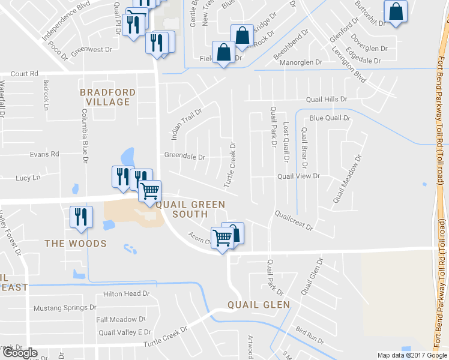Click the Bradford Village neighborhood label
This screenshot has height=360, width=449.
(108, 97)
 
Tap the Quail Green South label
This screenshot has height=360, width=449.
(190, 209)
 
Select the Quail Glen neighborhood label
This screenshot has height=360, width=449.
(259, 305)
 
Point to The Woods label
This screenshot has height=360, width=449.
(76, 244)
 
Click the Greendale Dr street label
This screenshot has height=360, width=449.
(185, 157)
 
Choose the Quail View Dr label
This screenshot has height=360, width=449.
(298, 176)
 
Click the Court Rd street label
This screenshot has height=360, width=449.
(24, 74)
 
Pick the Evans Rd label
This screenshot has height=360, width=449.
(46, 154)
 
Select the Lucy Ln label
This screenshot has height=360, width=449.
(28, 178)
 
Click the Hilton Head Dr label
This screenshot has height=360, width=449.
(126, 293)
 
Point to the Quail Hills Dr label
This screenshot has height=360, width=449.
(327, 99)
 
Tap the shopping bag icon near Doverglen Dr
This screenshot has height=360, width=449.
(396, 12)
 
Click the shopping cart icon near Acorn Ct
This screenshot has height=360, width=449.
(223, 239)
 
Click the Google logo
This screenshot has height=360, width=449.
(20, 353)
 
